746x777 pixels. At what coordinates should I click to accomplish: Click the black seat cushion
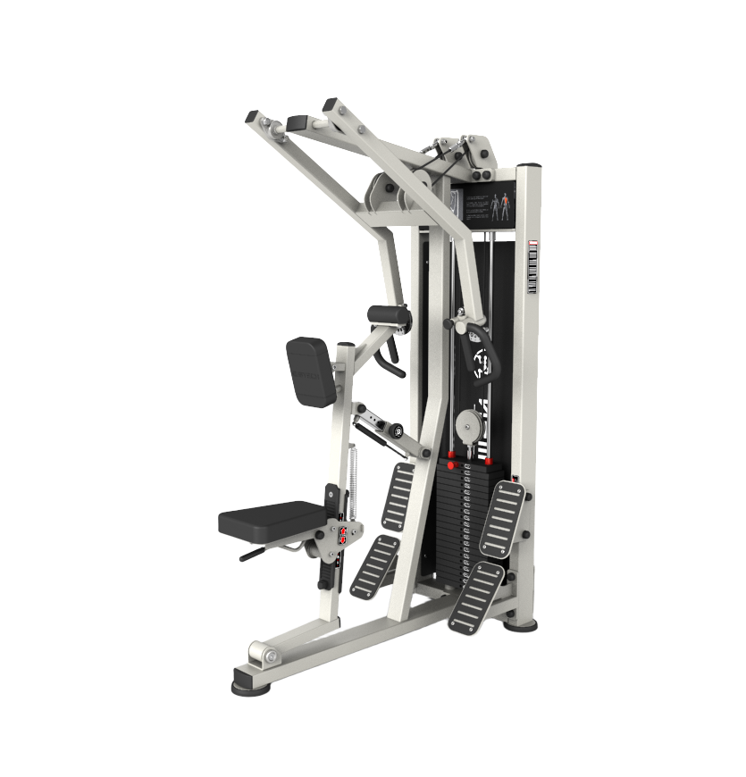pos(268,517)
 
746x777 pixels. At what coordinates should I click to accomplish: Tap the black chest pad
pos(311,372)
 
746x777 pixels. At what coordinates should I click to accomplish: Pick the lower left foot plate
pos(375,567)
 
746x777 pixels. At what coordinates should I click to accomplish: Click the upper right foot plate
pos(502,519)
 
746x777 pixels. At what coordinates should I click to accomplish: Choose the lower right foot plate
pos(477,596)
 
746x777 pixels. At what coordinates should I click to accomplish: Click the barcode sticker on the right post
pos(533,268)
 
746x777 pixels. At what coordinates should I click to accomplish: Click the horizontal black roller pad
pos(390,315)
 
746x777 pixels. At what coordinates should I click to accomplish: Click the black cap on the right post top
pos(531,167)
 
